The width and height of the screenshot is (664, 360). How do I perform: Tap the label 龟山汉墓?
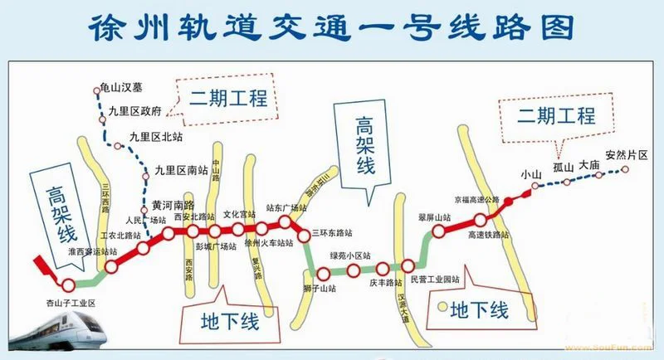120,85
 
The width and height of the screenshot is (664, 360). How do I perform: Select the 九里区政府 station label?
134,109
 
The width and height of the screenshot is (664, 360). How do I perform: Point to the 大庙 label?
589,164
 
